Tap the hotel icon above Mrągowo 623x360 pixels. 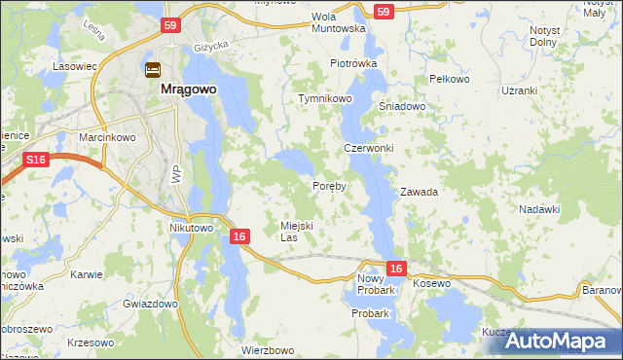tap(154, 70)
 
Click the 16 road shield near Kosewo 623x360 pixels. tap(395, 268)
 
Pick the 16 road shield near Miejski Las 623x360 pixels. tap(240, 236)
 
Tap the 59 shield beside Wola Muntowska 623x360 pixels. tap(384, 12)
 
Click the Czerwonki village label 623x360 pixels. tap(368, 148)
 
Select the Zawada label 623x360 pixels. tap(419, 192)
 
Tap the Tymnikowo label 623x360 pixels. tap(325, 99)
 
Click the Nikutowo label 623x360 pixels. tap(191, 228)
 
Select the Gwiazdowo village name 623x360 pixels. tap(150, 304)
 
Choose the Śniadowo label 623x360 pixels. tap(402, 107)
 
